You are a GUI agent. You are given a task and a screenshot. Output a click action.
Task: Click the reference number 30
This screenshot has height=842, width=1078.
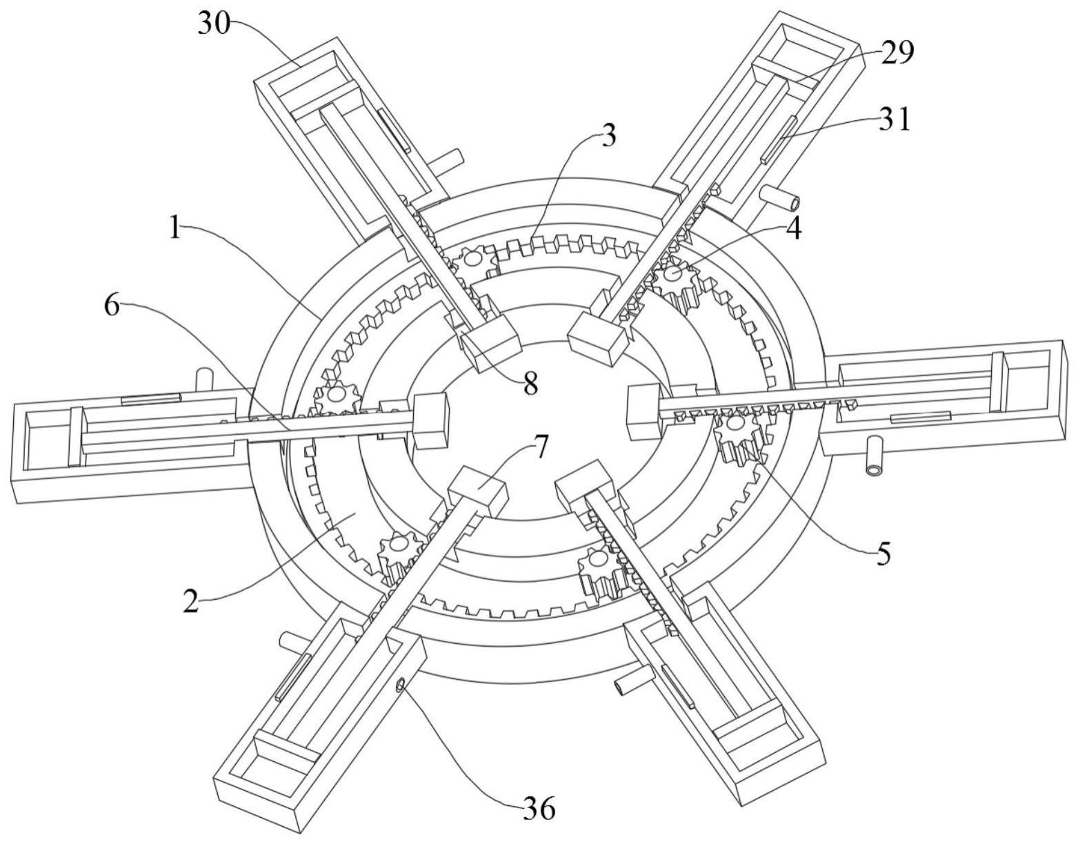click(x=213, y=24)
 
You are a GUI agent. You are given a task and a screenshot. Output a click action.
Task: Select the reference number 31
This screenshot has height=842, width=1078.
click(x=895, y=119)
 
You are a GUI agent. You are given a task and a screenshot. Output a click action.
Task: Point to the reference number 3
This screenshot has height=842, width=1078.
click(x=607, y=137)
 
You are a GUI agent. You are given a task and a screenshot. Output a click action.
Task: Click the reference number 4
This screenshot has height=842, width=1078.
click(x=794, y=229)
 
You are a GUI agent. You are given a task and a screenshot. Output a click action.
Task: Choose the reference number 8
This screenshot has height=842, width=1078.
click(x=530, y=385)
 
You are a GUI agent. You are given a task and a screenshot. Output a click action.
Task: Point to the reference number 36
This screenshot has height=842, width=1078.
click(x=539, y=809)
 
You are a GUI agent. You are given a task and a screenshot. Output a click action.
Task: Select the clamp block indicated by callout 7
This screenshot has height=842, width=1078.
click(x=477, y=489)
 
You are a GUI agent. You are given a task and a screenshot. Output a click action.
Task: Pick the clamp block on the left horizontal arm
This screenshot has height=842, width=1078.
click(x=430, y=421)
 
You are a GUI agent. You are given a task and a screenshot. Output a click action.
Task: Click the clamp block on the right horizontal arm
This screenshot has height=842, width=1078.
click(x=643, y=413)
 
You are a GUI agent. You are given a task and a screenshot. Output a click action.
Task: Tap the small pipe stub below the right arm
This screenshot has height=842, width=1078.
click(x=875, y=458)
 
